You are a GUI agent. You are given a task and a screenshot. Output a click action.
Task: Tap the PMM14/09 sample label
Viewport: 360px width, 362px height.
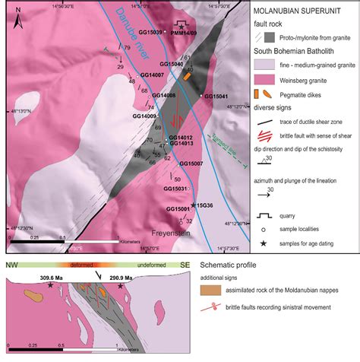pos(185,33)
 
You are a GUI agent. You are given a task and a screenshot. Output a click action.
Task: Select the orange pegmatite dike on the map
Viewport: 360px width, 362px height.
pos(187,76)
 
